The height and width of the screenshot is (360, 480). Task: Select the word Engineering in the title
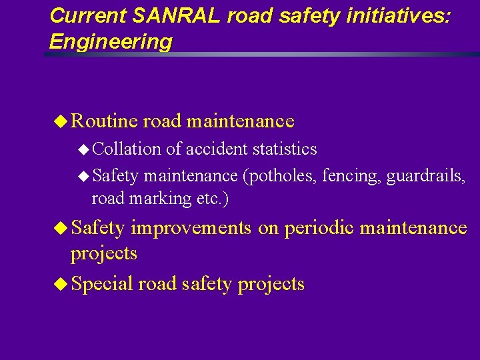111,42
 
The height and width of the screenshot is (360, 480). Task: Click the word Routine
105,121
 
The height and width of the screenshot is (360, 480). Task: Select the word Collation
127,149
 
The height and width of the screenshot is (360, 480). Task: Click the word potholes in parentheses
281,176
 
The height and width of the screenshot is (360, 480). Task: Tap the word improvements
191,228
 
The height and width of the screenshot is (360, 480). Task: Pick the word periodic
319,228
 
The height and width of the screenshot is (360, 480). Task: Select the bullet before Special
61,284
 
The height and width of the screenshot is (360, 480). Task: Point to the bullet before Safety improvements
61,228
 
